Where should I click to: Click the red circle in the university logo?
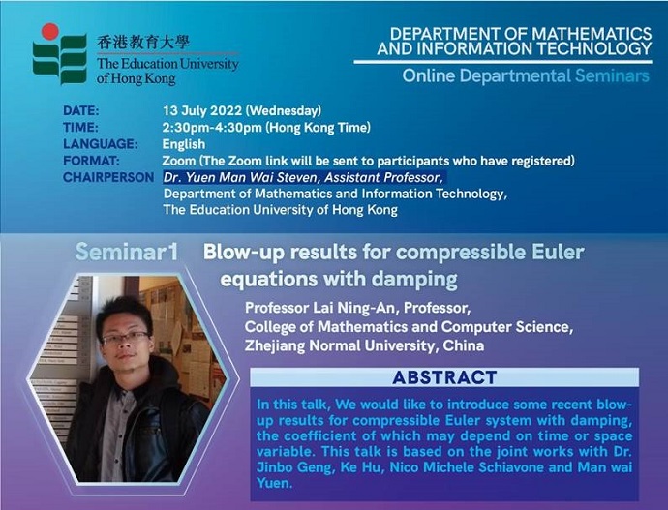coord(49,32)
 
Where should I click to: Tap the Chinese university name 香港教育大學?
coord(143,43)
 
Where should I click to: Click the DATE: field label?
coord(81,110)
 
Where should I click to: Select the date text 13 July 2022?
coord(202,110)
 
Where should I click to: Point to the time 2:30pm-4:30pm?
coord(212,128)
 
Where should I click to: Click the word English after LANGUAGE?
coord(184,144)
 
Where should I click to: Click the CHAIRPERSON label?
coord(108,177)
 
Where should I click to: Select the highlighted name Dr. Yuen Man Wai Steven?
coord(242,177)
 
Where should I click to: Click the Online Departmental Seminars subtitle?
coord(526,75)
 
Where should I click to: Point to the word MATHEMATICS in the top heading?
coord(592,34)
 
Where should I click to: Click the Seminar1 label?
coord(127,252)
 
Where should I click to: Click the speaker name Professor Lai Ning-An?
coord(321,308)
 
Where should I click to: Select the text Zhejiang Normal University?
coord(340,345)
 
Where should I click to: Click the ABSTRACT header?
coord(444,377)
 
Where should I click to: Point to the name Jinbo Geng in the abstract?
coord(294,467)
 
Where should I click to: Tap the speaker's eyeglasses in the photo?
coord(125,338)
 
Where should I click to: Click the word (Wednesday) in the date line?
coord(284,110)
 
